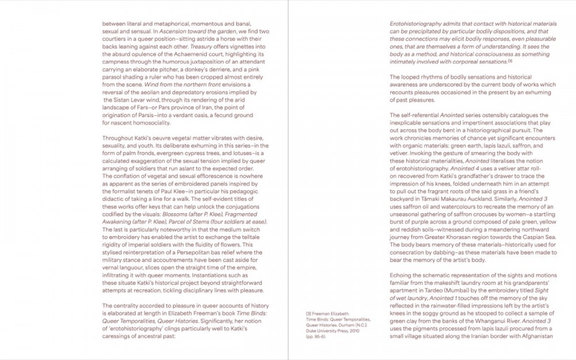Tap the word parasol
tap(113, 77)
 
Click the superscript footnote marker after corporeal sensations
tap(510, 61)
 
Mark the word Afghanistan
tap(536, 335)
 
